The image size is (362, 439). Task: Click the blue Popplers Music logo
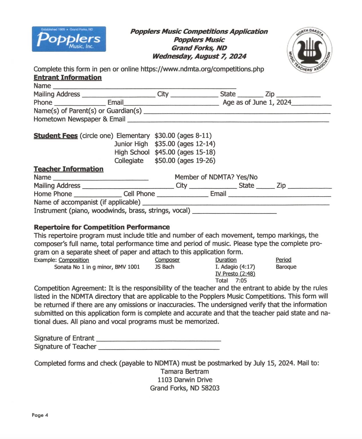point(69,39)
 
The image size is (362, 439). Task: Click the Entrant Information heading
point(67,77)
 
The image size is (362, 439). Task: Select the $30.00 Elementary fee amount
point(165,135)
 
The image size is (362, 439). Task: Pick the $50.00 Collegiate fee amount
point(165,161)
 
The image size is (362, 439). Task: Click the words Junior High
point(131,144)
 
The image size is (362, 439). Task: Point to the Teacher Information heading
point(68,169)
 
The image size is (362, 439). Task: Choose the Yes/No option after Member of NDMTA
point(247,177)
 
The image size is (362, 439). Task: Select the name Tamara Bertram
point(185,372)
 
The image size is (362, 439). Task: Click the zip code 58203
point(210,388)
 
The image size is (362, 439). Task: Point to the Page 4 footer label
point(40,415)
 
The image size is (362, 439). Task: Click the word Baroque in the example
point(286,267)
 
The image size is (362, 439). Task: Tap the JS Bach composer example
point(164,267)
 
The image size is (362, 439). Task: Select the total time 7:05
point(241,281)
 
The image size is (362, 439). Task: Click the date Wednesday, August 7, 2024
point(199,56)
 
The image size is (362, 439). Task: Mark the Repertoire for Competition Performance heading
point(102,227)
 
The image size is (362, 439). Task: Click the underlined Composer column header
point(167,260)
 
